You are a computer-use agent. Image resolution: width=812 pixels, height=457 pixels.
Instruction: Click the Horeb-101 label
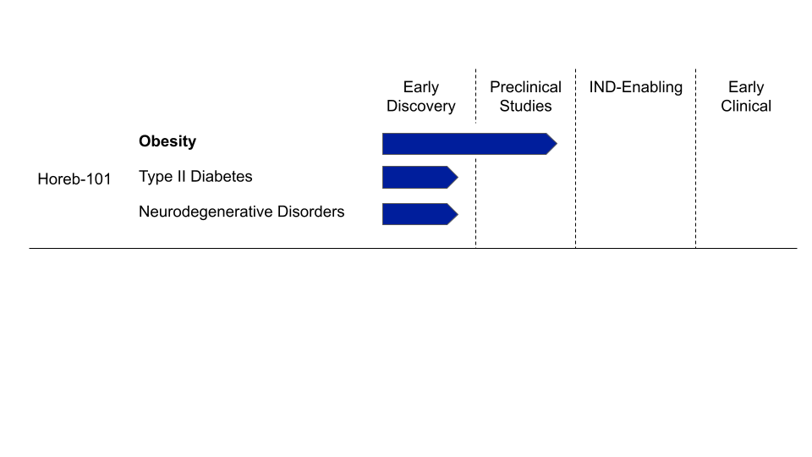pyautogui.click(x=74, y=179)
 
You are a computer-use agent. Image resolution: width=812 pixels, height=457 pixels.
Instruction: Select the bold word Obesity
pyautogui.click(x=167, y=141)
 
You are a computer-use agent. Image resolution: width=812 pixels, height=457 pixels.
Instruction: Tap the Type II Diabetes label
pyautogui.click(x=195, y=176)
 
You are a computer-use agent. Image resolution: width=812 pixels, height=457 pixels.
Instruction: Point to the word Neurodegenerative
pyautogui.click(x=206, y=212)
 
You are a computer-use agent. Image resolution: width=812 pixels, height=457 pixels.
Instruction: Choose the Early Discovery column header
pyautogui.click(x=421, y=96)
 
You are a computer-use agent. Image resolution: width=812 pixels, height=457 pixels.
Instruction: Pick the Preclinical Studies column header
pyautogui.click(x=525, y=96)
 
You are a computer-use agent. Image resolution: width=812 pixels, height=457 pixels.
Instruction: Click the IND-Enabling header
pyautogui.click(x=636, y=87)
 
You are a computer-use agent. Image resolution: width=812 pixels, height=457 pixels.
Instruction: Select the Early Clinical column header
pyautogui.click(x=746, y=96)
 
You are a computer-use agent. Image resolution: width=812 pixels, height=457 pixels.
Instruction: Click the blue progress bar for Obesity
pyautogui.click(x=465, y=144)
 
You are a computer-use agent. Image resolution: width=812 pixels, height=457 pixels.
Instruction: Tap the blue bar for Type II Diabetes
pyautogui.click(x=416, y=177)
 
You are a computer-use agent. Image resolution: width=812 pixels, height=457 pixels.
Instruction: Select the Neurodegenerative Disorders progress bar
pyautogui.click(x=416, y=214)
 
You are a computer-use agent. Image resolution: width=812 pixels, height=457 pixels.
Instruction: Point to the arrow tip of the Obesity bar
pyautogui.click(x=554, y=144)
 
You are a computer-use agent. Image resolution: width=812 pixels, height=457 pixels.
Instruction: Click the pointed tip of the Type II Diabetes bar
pyautogui.click(x=455, y=177)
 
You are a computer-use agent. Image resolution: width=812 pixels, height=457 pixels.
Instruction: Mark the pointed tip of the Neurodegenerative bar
pyautogui.click(x=455, y=214)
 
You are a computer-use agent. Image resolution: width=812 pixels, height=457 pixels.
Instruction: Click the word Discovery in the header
pyautogui.click(x=421, y=106)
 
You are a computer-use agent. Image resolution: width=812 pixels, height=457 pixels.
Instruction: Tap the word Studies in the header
pyautogui.click(x=525, y=106)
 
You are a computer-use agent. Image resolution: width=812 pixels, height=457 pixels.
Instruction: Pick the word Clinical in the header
pyautogui.click(x=746, y=106)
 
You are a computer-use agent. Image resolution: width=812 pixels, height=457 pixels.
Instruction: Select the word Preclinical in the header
pyautogui.click(x=525, y=87)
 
